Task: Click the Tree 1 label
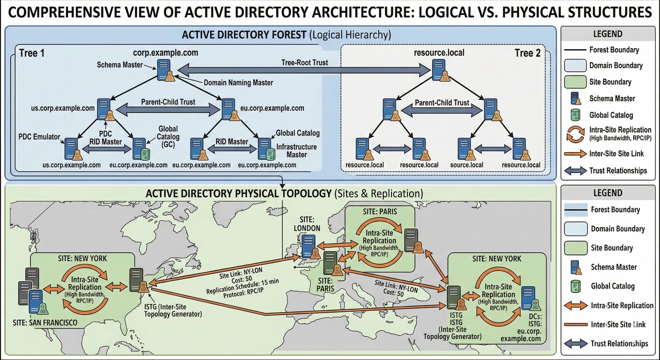32,53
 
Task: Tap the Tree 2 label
527,53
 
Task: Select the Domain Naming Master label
238,82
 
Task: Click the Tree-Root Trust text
304,63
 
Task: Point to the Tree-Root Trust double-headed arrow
304,71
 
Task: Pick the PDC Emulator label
39,136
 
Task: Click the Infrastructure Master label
297,151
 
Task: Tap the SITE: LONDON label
307,224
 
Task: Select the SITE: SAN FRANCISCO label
45,322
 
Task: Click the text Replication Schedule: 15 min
243,286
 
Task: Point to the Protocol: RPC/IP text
243,293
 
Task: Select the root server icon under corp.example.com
164,69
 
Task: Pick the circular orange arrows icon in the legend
575,134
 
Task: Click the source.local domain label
467,165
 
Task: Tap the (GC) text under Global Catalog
168,145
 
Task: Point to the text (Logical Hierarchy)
350,35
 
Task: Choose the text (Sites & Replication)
379,193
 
